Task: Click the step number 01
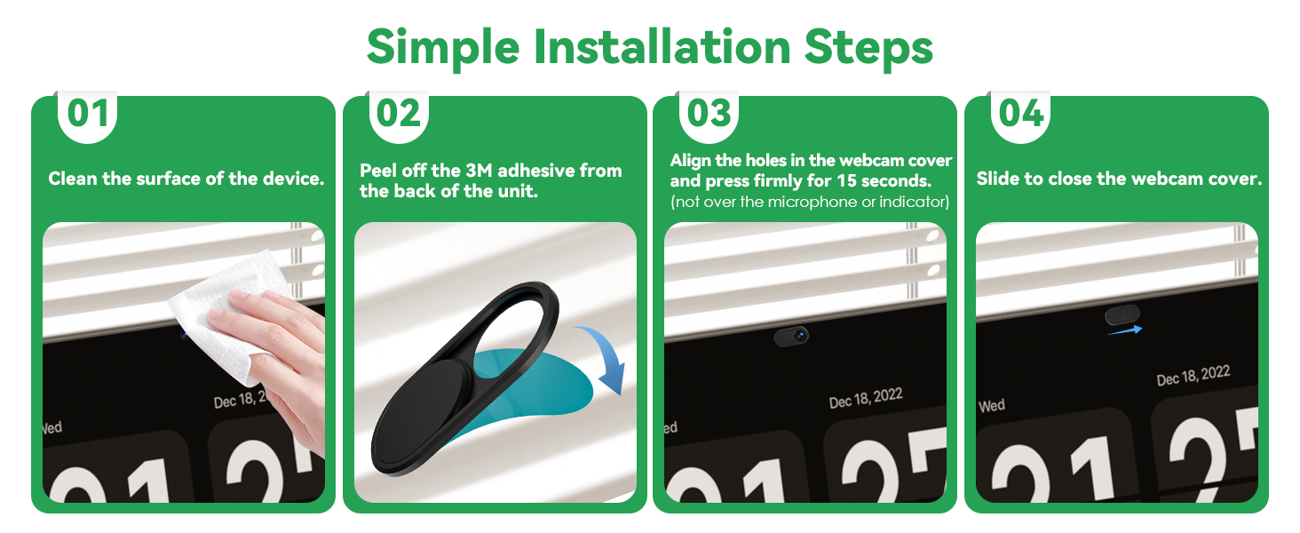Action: point(88,114)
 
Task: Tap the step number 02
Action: point(398,114)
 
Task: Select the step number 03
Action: point(709,114)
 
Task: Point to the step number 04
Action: point(1020,114)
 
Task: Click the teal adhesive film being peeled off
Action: point(542,382)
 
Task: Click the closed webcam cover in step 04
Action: point(1122,314)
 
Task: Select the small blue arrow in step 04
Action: point(1124,330)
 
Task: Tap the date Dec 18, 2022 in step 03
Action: point(865,398)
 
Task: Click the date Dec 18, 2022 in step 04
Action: point(1193,375)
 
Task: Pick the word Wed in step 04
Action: point(992,406)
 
